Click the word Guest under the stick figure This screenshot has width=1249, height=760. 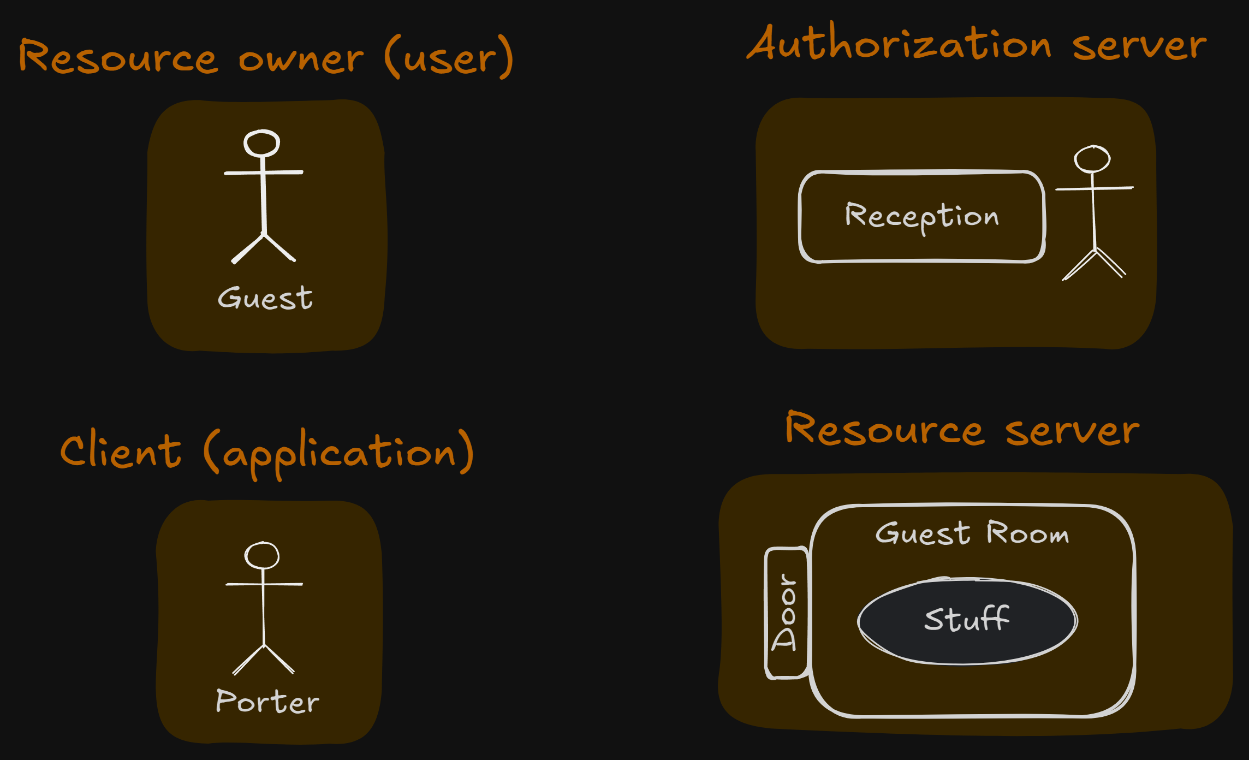(265, 299)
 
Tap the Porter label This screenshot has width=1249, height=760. (267, 702)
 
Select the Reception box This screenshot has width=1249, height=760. (921, 217)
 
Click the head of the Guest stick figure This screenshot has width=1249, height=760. (262, 143)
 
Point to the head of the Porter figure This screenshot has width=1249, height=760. (262, 555)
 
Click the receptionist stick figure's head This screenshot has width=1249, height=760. (1092, 159)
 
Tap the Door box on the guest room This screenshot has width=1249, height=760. (787, 613)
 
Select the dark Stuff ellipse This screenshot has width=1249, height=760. (967, 621)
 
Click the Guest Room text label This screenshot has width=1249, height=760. (972, 533)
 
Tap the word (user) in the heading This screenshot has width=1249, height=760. (449, 57)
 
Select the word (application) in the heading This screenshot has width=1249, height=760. (338, 453)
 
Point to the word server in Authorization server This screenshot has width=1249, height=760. (1139, 46)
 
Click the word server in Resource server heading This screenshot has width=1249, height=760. (1072, 431)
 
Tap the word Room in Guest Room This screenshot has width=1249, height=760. (1027, 533)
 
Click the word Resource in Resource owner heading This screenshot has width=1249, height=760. (118, 57)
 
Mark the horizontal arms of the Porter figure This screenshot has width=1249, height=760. (264, 584)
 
